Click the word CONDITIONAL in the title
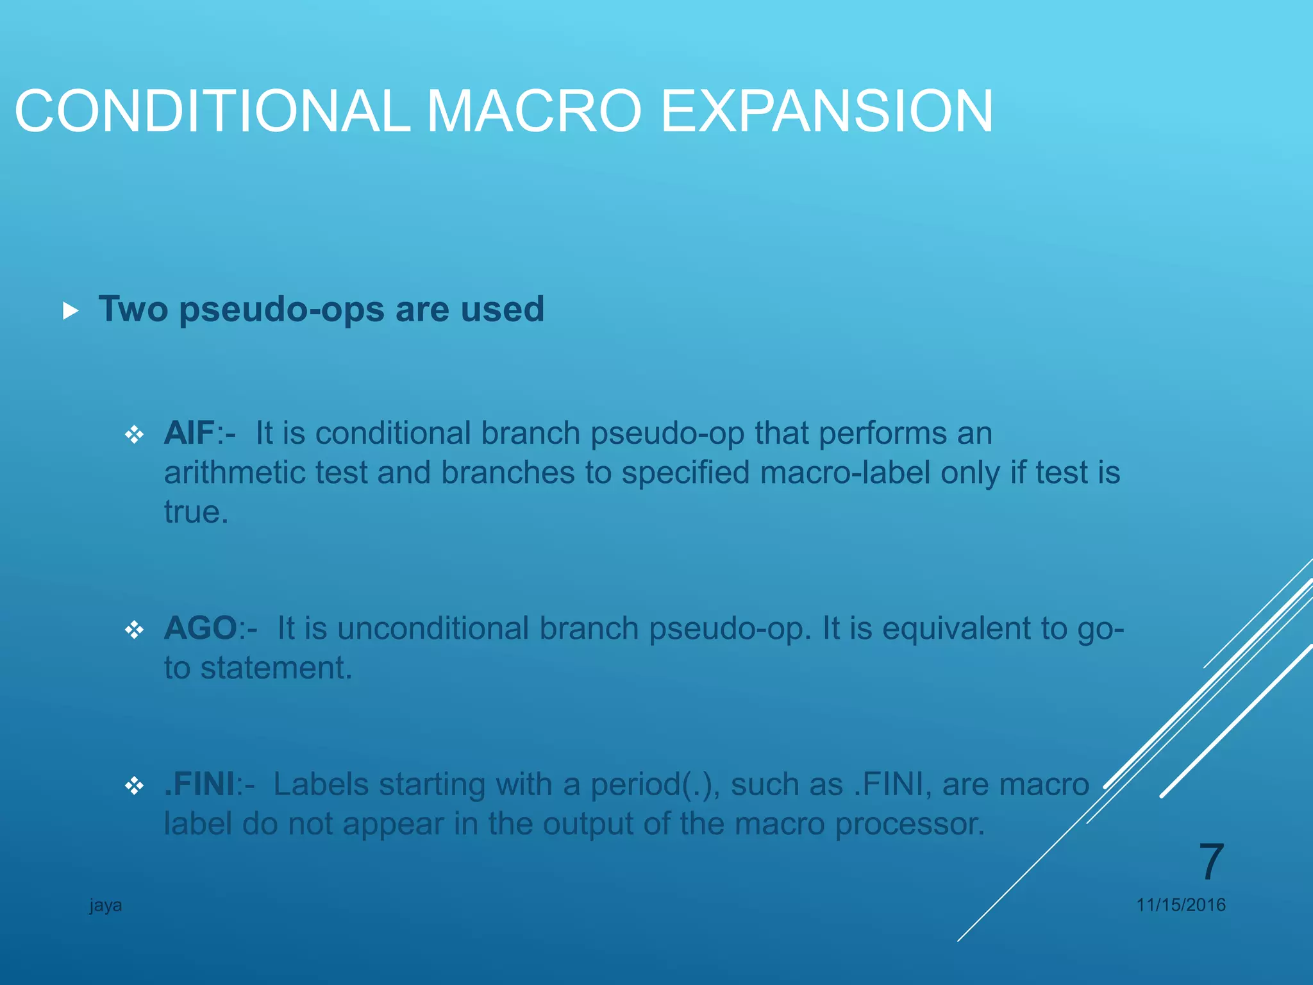click(212, 112)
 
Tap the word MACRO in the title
click(533, 112)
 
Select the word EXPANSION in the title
click(827, 112)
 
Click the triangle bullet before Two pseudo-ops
click(71, 312)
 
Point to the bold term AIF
click(188, 433)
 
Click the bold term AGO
click(201, 628)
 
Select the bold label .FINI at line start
click(199, 784)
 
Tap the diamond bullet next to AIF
click(135, 435)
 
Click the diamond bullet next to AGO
click(135, 630)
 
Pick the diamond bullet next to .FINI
click(135, 786)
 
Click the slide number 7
click(1210, 862)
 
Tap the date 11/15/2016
click(1180, 905)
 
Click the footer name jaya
click(106, 905)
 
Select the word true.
click(196, 512)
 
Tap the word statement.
click(276, 668)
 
